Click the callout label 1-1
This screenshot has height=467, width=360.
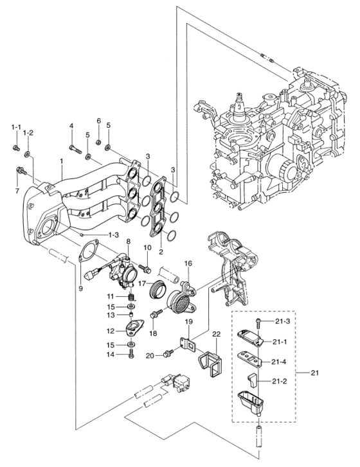click(x=15, y=127)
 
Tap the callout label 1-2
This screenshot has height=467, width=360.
click(x=28, y=132)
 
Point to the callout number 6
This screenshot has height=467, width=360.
click(x=99, y=121)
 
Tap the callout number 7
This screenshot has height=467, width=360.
click(x=17, y=191)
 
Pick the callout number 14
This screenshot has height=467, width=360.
click(x=111, y=355)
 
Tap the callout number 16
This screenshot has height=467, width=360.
click(x=188, y=263)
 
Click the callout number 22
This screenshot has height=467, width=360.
click(x=217, y=335)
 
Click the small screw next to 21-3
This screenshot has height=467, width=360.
click(x=257, y=319)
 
